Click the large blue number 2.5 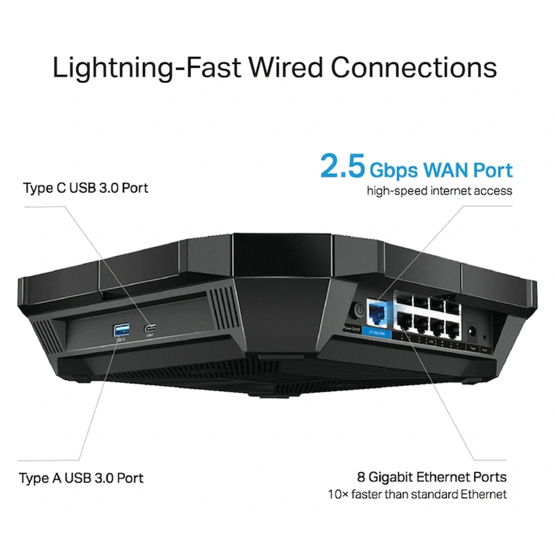click(342, 167)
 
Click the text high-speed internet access click(439, 191)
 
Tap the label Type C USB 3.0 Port click(86, 188)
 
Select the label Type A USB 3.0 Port click(81, 478)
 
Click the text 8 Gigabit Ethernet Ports click(432, 477)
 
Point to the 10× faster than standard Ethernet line click(417, 494)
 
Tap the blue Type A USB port click(121, 328)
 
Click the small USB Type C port click(151, 327)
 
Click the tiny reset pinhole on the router click(485, 338)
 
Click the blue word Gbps click(392, 170)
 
